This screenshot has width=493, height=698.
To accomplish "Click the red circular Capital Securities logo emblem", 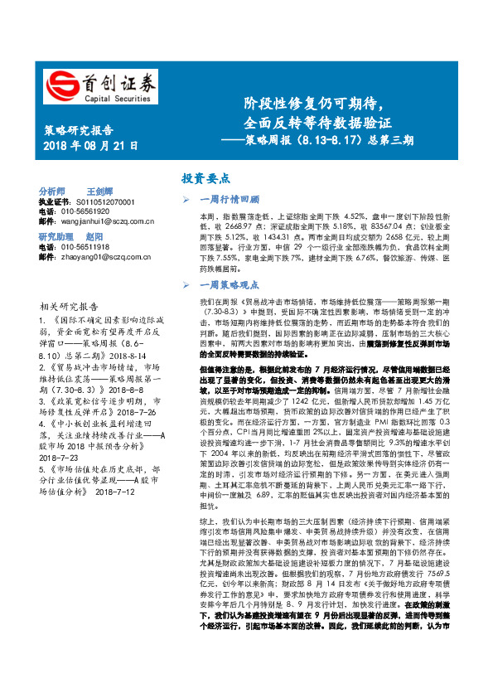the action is [x=59, y=85].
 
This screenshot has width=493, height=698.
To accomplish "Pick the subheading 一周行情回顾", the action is [x=231, y=200].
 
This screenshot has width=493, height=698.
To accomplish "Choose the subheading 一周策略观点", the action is [x=231, y=284].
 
